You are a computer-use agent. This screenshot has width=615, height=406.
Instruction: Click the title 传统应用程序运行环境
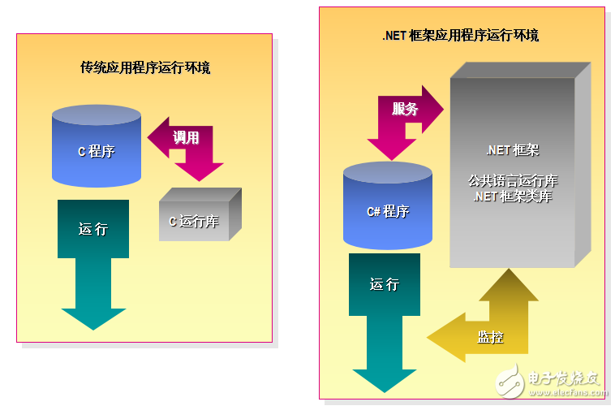tap(145, 67)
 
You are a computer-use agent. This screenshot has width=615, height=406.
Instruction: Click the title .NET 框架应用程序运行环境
tap(461, 36)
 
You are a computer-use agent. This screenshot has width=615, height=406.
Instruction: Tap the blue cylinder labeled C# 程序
tap(387, 207)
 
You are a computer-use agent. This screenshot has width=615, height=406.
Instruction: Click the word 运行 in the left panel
tap(92, 229)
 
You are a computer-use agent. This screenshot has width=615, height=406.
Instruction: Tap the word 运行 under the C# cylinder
tap(385, 284)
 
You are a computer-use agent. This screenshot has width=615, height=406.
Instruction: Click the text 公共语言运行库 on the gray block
tap(512, 180)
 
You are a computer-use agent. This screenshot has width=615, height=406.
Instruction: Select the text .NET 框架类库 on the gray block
tap(512, 196)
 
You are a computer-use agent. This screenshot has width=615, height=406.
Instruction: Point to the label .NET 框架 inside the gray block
tap(512, 150)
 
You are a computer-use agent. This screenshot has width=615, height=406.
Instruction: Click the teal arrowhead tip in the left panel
tap(93, 323)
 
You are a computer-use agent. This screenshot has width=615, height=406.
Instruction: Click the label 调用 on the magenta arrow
tap(186, 137)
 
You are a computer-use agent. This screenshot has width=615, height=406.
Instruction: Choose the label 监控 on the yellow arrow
tap(490, 336)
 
